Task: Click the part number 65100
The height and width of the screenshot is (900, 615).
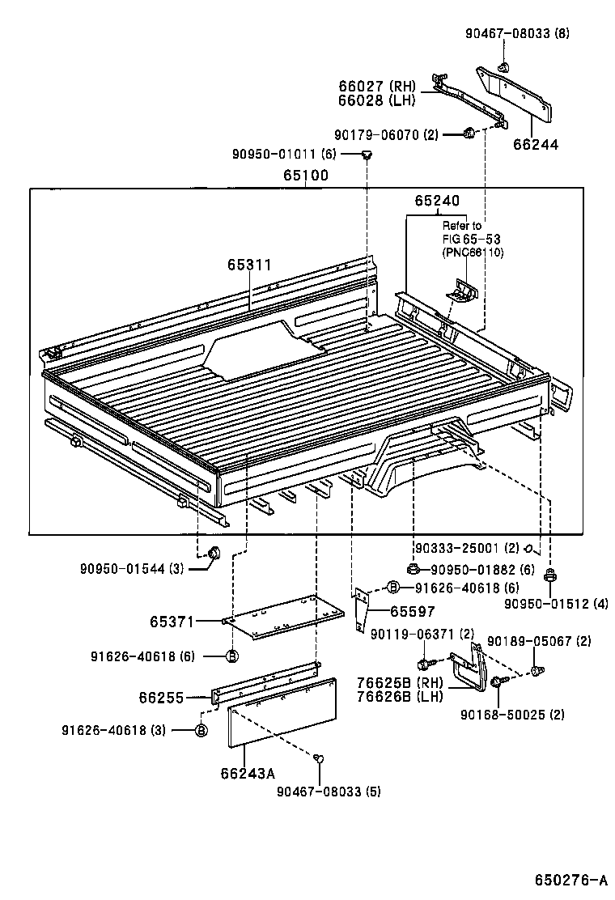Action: [x=305, y=175]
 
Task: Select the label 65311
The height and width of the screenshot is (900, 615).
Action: [x=248, y=265]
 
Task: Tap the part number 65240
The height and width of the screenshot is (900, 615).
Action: [x=436, y=201]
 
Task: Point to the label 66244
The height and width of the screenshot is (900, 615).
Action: [x=535, y=145]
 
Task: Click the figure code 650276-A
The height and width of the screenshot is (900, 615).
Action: [x=570, y=880]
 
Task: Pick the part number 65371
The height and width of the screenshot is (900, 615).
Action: [x=172, y=622]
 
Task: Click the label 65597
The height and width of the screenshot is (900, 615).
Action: [x=413, y=612]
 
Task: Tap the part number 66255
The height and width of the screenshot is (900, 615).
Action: [x=160, y=696]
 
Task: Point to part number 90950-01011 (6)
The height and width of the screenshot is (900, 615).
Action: [x=283, y=154]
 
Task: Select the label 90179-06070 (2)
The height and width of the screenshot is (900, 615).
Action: [x=386, y=135]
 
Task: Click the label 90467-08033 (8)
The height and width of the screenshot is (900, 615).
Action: [x=518, y=33]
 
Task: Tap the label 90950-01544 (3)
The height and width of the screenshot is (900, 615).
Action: [x=132, y=568]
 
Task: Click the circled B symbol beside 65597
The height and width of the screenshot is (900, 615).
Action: [x=392, y=588]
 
